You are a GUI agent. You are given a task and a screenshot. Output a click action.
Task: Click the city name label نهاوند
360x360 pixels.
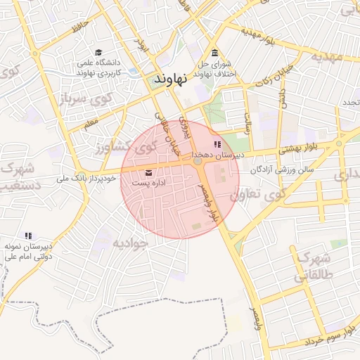[169, 79]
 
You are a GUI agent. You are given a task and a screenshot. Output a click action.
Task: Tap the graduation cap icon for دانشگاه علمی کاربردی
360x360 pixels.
[98, 53]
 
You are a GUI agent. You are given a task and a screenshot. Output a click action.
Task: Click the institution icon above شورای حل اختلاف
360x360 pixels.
[214, 54]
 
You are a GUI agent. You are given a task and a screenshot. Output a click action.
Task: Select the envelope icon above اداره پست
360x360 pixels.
[148, 172]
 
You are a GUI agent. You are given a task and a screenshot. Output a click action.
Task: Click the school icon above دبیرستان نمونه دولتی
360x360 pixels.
[28, 236]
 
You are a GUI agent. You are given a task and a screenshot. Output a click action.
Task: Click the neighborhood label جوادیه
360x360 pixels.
[131, 243]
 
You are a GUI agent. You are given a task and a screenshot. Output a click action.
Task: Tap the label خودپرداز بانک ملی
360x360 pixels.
[84, 179]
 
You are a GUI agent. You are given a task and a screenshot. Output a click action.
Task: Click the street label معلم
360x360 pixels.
[89, 124]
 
